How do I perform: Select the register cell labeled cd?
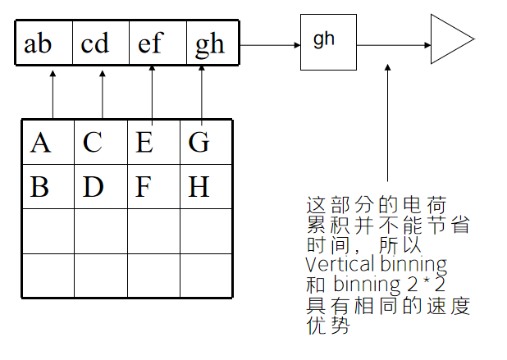[100, 43]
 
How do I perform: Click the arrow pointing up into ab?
[53, 94]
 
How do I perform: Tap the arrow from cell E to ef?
[153, 94]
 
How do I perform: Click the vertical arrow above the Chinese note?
[386, 123]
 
